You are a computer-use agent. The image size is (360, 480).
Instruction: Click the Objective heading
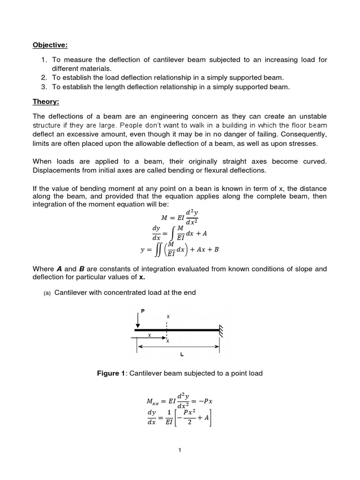(x=50, y=45)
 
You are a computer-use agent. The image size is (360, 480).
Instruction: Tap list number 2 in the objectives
(x=44, y=77)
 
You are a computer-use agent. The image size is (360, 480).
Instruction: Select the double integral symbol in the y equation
(x=157, y=250)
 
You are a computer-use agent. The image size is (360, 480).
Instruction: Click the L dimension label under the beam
(x=181, y=354)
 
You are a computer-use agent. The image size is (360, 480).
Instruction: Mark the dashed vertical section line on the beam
(x=167, y=331)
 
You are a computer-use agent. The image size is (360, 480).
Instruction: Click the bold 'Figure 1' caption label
(x=111, y=373)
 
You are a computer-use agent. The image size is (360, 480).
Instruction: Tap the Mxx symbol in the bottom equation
(x=153, y=402)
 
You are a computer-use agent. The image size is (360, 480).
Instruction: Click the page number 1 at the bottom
(x=180, y=450)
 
